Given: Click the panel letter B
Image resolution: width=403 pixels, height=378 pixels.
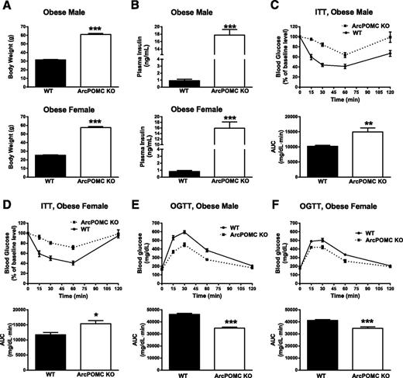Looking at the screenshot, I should (x=143, y=7).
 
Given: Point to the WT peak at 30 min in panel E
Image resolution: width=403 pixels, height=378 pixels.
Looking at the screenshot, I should (x=184, y=231).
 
